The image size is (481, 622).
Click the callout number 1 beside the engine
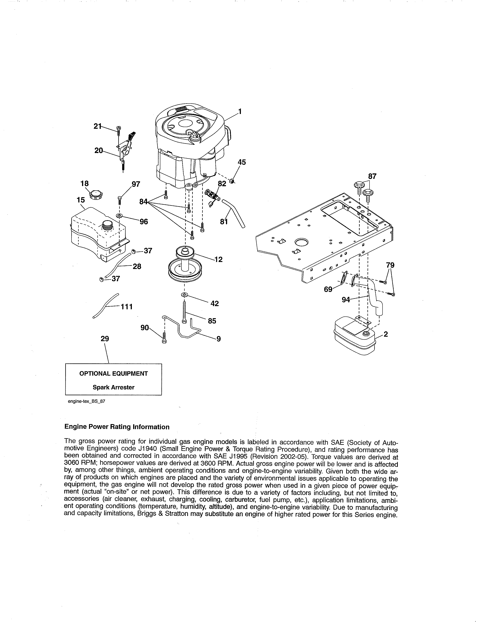click(x=240, y=111)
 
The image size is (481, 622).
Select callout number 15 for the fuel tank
click(x=81, y=200)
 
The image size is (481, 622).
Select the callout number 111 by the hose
click(x=127, y=307)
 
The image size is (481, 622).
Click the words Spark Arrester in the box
click(x=113, y=387)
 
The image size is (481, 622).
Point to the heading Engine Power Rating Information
click(x=117, y=427)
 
